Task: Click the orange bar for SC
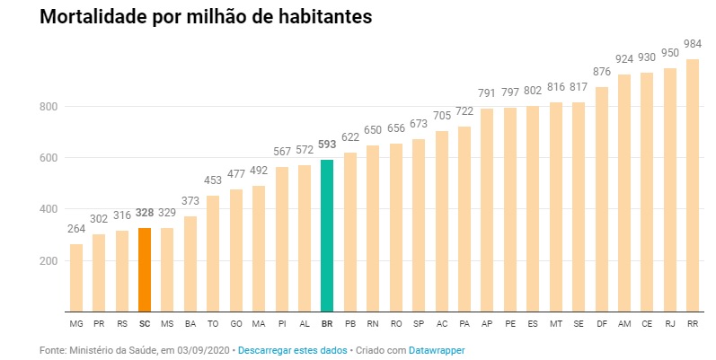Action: coord(145,269)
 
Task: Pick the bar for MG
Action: coord(76,277)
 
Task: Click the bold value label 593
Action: coord(327,146)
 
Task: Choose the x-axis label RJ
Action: coord(670,323)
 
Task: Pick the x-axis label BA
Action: coord(190,323)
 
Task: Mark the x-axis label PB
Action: coord(350,323)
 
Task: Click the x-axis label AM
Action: coord(624,323)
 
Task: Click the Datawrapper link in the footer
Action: coord(438,349)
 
